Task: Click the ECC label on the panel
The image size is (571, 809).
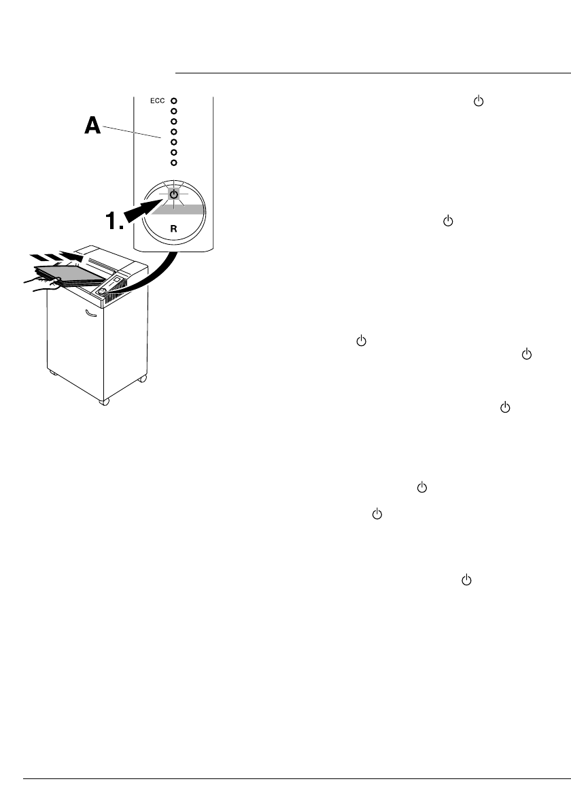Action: coord(158,101)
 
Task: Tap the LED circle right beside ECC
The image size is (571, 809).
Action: coord(174,101)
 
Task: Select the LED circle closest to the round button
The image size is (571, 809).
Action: coord(174,162)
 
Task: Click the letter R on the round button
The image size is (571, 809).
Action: coord(173,229)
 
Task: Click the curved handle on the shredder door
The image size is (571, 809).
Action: coord(90,313)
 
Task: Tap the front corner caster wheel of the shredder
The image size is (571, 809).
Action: coord(104,402)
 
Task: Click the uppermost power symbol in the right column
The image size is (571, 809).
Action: coord(477,101)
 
